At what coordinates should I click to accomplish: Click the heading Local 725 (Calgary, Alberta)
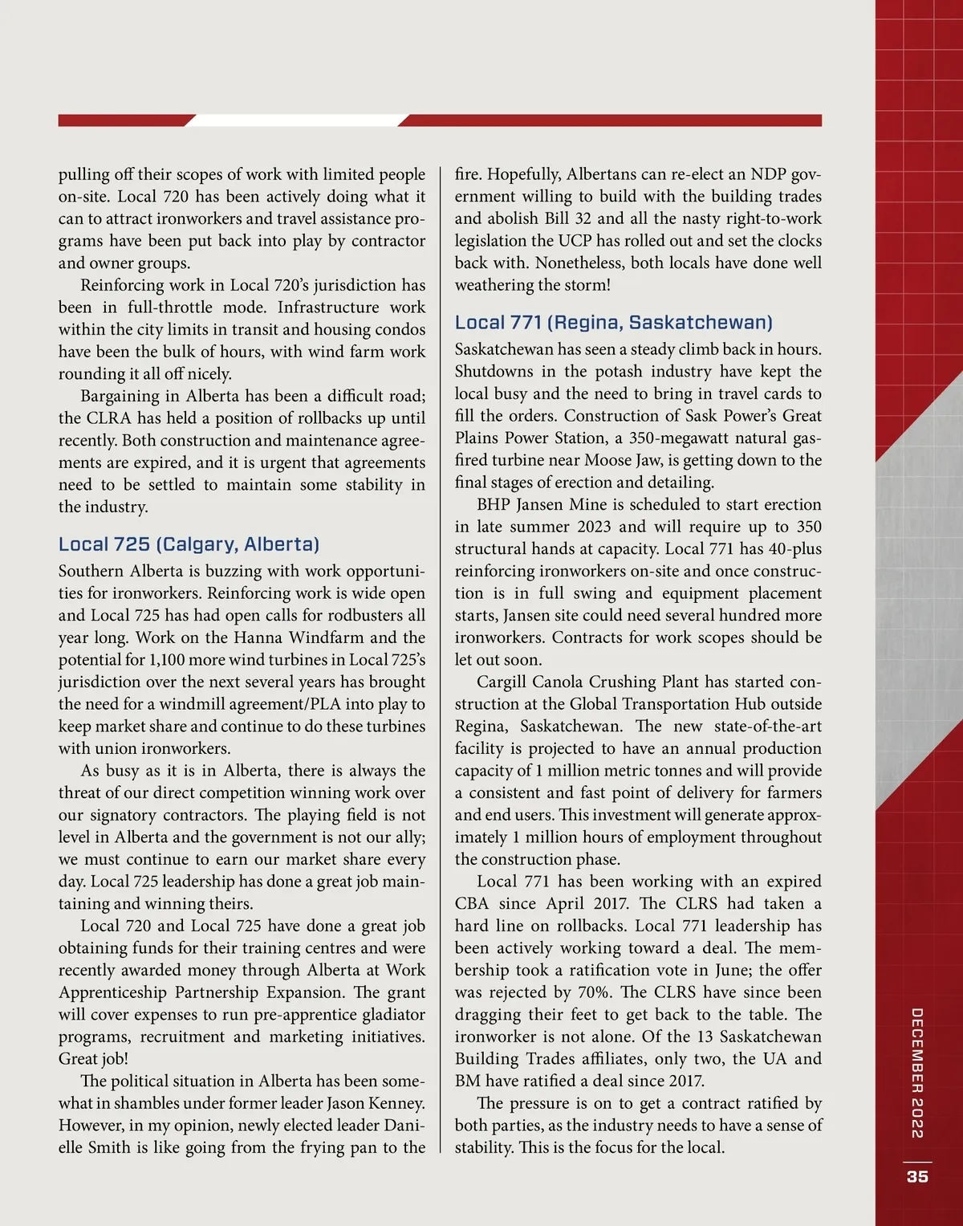[189, 544]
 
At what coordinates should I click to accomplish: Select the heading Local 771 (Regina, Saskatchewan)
[613, 323]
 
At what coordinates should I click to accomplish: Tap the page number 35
[917, 1176]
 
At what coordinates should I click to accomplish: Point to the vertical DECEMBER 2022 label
[917, 1073]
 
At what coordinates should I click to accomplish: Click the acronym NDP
[769, 174]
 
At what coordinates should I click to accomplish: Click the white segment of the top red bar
[296, 120]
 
